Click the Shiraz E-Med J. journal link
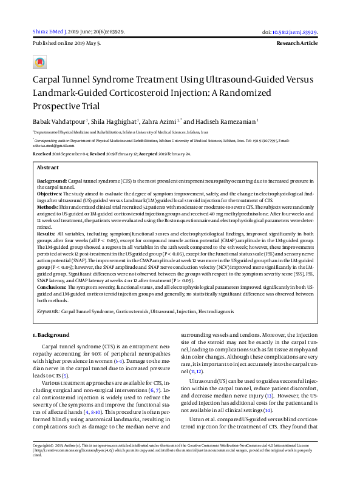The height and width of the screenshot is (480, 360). click(49, 32)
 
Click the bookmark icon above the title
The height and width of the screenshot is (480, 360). click(40, 63)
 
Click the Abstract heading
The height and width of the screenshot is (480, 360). click(48, 167)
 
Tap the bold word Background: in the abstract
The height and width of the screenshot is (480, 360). click(52, 181)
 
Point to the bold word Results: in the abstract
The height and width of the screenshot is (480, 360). click(46, 234)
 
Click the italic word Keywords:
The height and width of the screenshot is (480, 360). click(47, 310)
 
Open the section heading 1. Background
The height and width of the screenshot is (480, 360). click(53, 334)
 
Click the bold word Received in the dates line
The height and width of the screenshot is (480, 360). click(42, 155)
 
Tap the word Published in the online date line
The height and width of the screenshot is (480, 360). click(44, 44)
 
